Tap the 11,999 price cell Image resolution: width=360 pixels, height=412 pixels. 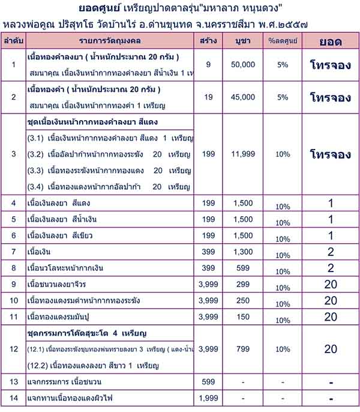pos(244,154)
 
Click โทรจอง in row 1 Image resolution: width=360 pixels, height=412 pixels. pos(331,65)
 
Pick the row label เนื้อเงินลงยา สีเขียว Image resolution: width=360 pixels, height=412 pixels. pos(61,235)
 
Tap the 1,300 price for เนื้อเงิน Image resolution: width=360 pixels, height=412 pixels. pos(244,251)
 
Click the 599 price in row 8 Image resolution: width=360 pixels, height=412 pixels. pos(244,267)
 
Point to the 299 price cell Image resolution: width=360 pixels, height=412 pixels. pos(244,283)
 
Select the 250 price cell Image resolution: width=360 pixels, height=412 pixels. pos(244,300)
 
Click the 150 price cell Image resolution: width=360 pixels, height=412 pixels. pos(244,316)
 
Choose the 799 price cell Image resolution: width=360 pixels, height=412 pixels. pos(244,348)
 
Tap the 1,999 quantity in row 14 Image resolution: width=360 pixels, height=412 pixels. pos(208,398)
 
